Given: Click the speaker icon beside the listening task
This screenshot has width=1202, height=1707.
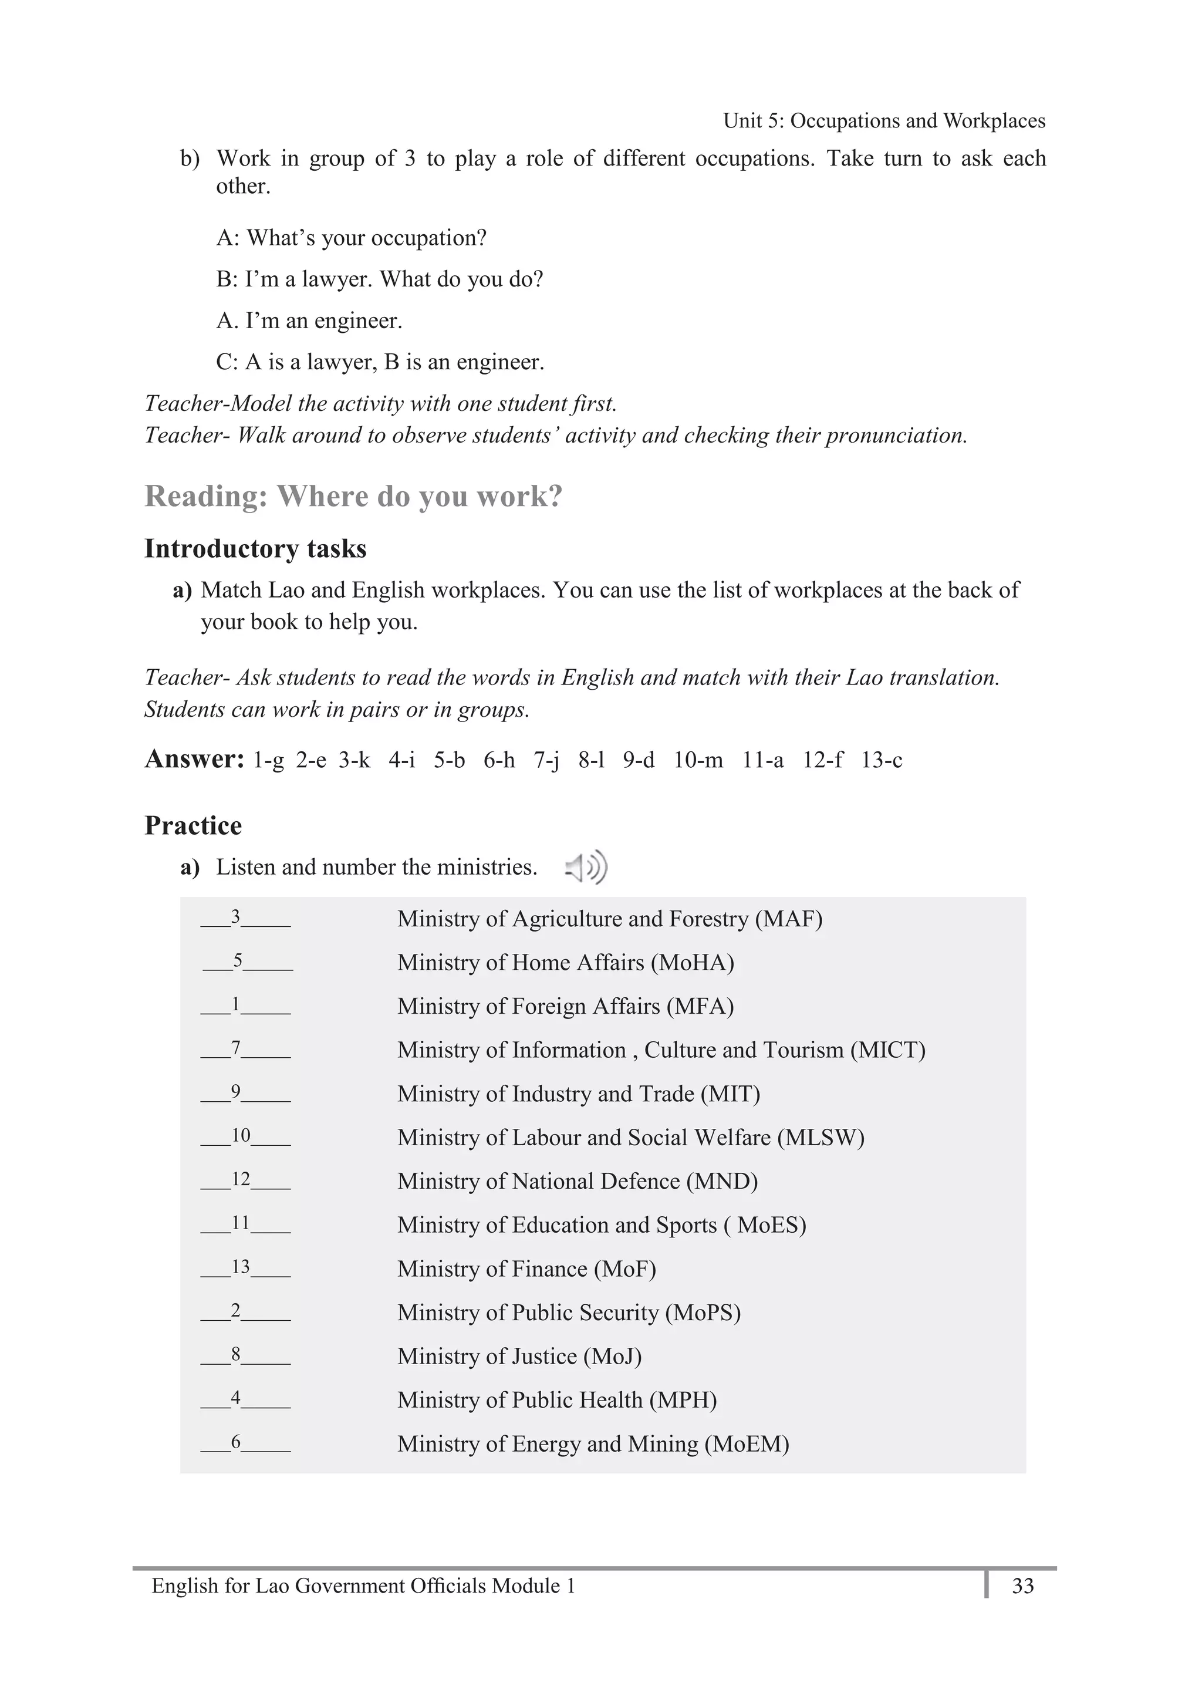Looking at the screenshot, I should (x=586, y=867).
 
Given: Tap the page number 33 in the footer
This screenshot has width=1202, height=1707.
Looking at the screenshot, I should (x=1023, y=1586).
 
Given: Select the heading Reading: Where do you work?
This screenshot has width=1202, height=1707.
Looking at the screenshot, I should (x=353, y=497).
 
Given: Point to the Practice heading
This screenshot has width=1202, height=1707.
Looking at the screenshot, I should (x=193, y=825).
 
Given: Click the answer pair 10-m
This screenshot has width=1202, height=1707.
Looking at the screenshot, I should (x=698, y=760).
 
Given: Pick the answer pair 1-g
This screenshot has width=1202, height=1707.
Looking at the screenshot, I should (x=268, y=760).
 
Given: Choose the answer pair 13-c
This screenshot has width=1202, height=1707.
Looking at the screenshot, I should (x=882, y=760).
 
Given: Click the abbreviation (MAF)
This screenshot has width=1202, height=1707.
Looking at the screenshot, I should (x=789, y=919).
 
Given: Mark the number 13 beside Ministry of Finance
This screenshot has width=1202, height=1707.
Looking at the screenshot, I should (x=241, y=1267).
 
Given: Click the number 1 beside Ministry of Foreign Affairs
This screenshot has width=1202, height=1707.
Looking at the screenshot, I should (x=235, y=1004).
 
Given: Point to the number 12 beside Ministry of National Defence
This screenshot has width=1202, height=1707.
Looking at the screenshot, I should (x=241, y=1179).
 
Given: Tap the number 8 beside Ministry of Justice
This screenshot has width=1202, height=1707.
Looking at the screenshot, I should (x=235, y=1354).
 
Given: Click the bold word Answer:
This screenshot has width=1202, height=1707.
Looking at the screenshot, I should (x=194, y=759).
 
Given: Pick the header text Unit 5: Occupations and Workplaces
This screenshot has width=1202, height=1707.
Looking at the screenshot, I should (x=884, y=120).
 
